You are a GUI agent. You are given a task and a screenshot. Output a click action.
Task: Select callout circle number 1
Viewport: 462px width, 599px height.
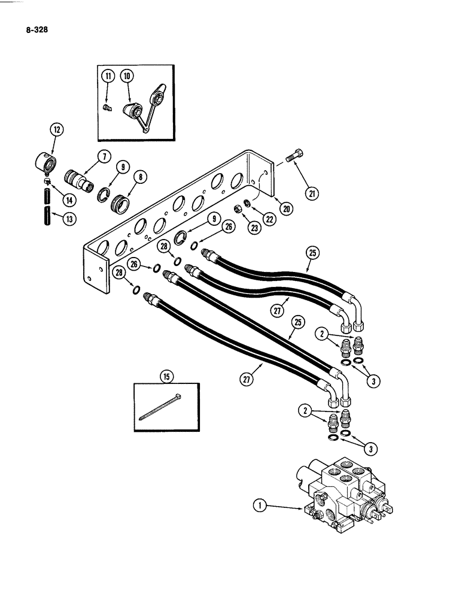(260, 507)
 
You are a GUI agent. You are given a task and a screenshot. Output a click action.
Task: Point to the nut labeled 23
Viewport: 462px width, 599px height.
(238, 211)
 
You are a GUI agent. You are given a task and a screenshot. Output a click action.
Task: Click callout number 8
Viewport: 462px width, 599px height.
(139, 177)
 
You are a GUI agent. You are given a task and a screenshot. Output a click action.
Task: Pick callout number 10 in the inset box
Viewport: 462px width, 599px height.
(127, 75)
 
